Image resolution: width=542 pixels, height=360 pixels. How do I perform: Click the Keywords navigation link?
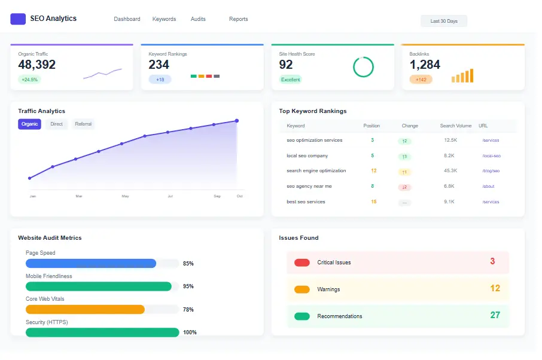164,19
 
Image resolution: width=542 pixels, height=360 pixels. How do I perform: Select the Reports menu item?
238,19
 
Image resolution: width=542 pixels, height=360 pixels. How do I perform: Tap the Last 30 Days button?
443,21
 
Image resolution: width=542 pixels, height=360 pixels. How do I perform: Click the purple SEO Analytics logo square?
18,19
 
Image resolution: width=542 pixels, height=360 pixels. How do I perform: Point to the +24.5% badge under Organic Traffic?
29,80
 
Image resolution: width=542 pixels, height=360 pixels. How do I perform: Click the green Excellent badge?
291,80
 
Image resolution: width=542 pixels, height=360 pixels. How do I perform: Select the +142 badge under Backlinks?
421,80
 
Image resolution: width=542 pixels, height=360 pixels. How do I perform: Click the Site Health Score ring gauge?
363,67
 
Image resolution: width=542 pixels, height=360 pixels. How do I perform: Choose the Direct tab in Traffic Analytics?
56,124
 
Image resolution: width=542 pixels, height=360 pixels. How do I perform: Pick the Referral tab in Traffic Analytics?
83,124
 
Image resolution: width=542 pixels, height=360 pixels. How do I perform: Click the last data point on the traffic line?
236,121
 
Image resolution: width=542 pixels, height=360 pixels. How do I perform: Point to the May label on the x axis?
125,196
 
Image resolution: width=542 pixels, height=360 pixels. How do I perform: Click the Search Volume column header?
455,126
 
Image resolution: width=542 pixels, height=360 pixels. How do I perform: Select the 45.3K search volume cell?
450,171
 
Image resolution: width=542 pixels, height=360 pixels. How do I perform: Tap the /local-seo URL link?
491,155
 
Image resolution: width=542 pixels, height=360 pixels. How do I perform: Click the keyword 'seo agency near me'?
309,186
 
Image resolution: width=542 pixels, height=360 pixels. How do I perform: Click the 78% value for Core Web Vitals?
188,310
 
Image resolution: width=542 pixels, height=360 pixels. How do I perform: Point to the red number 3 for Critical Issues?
492,261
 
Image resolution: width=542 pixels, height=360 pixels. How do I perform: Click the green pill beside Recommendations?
302,316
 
